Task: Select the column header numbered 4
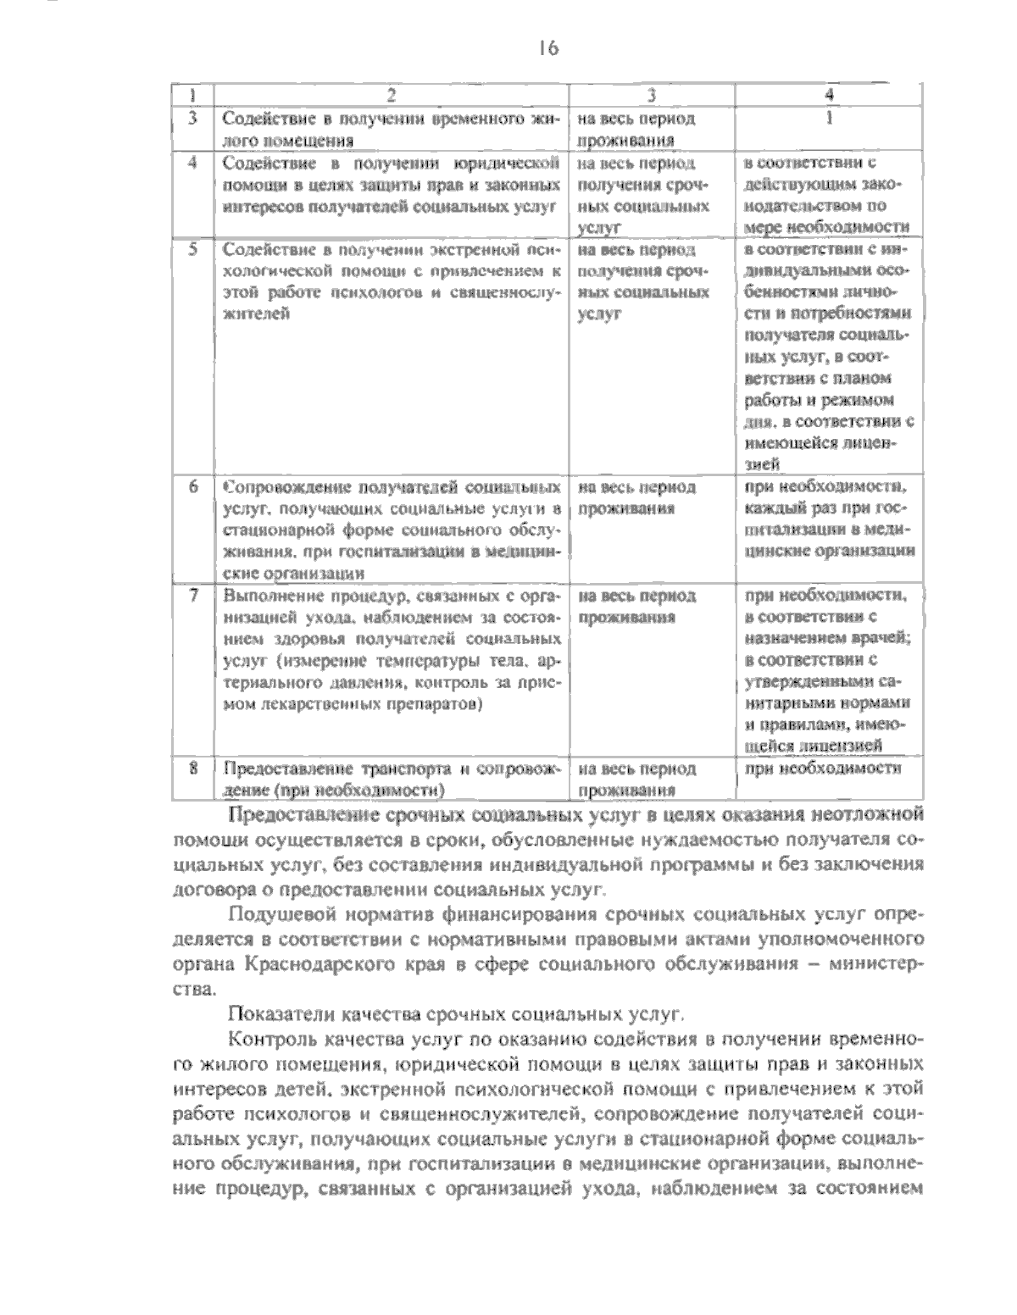click(x=829, y=95)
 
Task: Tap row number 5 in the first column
click(x=192, y=250)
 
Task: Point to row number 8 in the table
click(x=192, y=769)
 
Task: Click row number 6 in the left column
click(x=192, y=487)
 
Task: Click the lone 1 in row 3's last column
click(x=829, y=119)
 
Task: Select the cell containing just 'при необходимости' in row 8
click(x=821, y=768)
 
